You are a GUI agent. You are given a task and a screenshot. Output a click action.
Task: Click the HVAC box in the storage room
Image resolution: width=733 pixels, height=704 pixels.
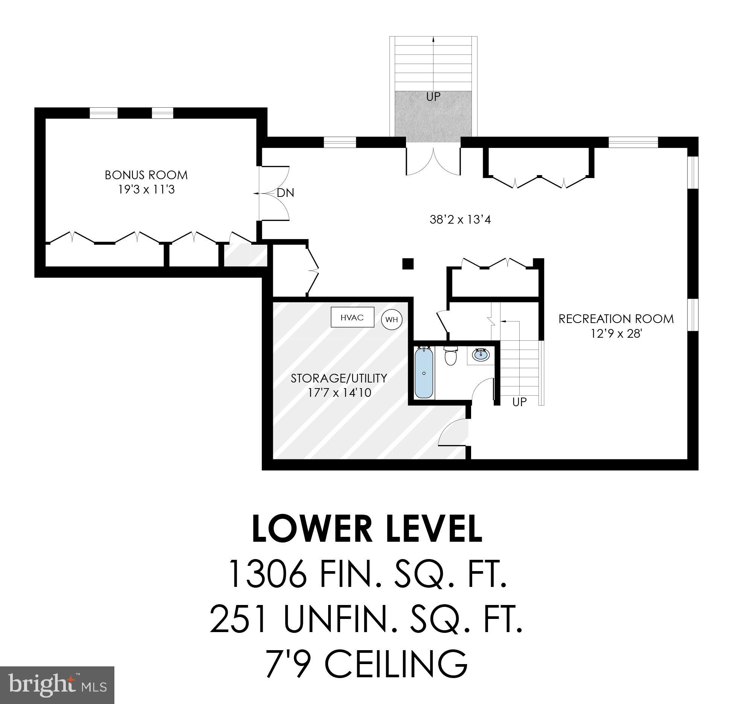coord(352,317)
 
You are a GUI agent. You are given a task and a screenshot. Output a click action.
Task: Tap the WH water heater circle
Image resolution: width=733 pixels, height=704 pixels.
coord(392,320)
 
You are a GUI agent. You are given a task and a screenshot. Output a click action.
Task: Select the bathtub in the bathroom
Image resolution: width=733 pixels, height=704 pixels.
coord(424,373)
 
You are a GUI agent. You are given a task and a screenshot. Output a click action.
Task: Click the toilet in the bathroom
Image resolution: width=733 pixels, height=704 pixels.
coord(450,356)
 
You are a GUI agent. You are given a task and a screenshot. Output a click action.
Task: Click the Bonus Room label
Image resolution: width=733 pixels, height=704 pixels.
coord(146,175)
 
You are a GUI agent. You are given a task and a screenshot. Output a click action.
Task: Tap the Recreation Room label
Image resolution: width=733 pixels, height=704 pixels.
coord(616,319)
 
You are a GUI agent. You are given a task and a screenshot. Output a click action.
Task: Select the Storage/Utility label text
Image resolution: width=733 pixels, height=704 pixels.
coord(339,378)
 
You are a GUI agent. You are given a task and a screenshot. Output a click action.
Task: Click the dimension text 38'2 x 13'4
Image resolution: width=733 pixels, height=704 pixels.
coord(460,219)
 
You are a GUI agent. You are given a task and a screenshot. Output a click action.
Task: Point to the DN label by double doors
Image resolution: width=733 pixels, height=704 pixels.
coord(285,193)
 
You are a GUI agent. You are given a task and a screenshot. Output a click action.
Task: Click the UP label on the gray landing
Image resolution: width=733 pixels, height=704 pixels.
coord(433,97)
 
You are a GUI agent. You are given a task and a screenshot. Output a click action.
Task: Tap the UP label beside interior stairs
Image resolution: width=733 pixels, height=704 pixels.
coord(519,402)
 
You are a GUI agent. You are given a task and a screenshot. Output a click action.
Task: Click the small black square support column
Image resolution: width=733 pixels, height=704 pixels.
coord(408,264)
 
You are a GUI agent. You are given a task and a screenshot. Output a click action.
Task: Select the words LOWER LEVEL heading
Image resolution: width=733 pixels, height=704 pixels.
coord(367,529)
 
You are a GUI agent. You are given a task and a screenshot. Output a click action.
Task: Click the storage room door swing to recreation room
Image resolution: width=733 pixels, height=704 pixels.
coord(453,433)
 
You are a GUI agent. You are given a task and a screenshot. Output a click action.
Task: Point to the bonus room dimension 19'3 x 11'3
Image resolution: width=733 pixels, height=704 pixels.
coord(146,189)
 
